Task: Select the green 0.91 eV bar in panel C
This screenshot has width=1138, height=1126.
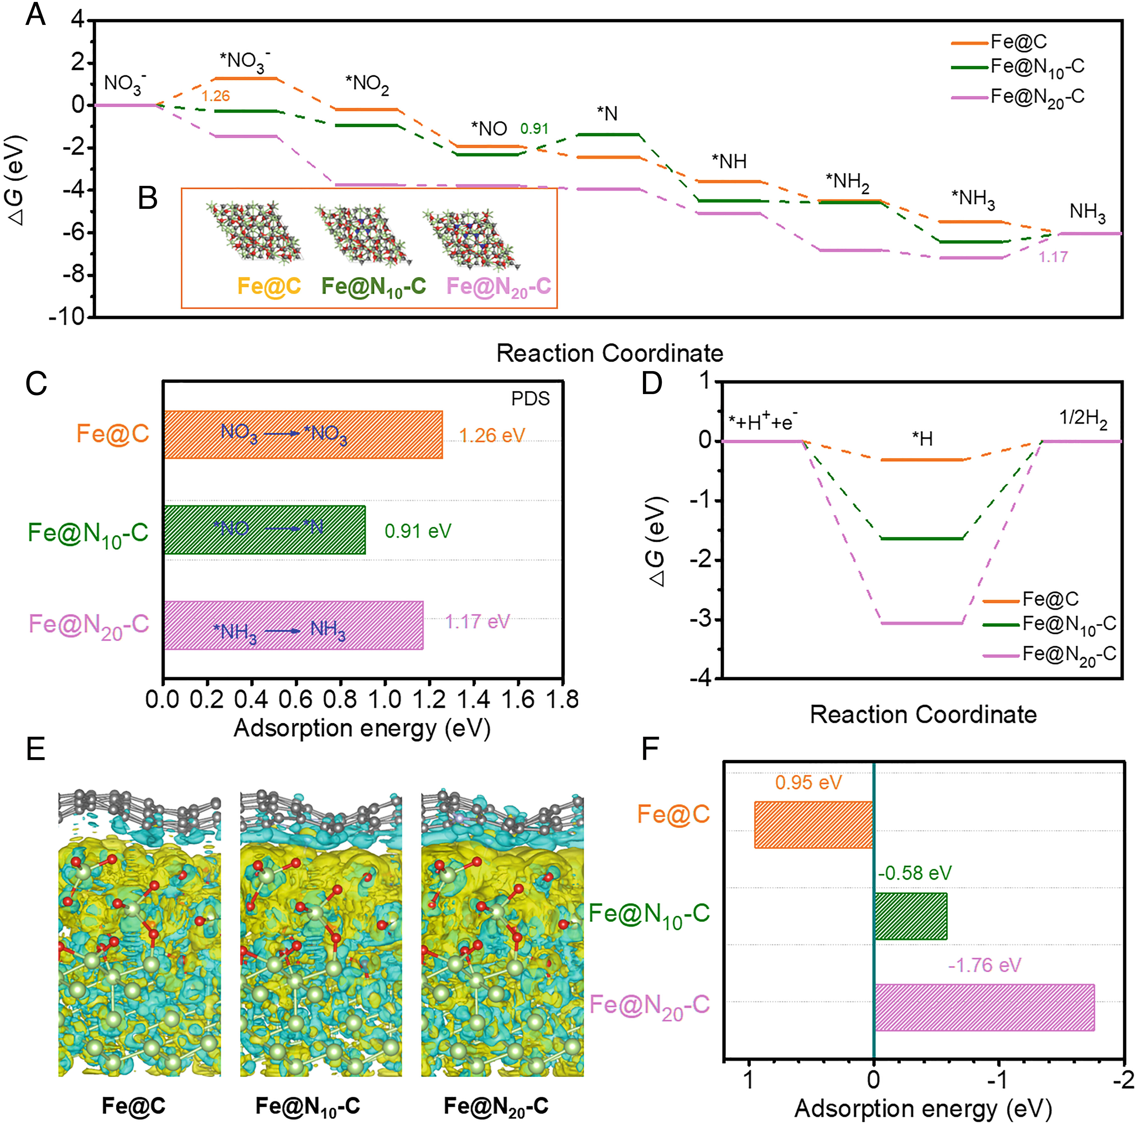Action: [x=264, y=529]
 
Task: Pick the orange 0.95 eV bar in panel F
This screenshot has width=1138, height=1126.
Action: [x=813, y=825]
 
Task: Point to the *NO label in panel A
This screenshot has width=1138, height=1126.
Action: [x=489, y=128]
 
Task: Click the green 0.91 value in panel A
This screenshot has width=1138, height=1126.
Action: [x=534, y=128]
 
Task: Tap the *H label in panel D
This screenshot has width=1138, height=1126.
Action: [x=922, y=439]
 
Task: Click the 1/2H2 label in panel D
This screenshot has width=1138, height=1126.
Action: [x=1083, y=419]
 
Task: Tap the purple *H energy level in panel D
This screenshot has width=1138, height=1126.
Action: [x=922, y=623]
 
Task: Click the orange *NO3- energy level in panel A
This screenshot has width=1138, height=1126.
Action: [x=245, y=78]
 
